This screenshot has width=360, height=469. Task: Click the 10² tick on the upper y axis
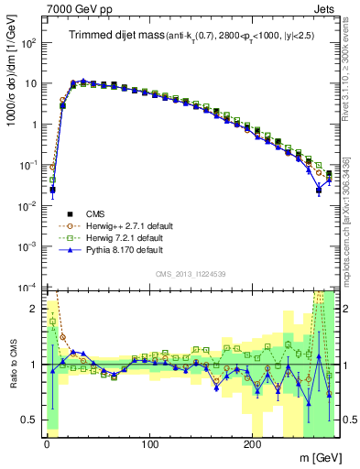pos(28,42)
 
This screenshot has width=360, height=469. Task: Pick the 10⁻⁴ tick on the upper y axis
pos(28,287)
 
